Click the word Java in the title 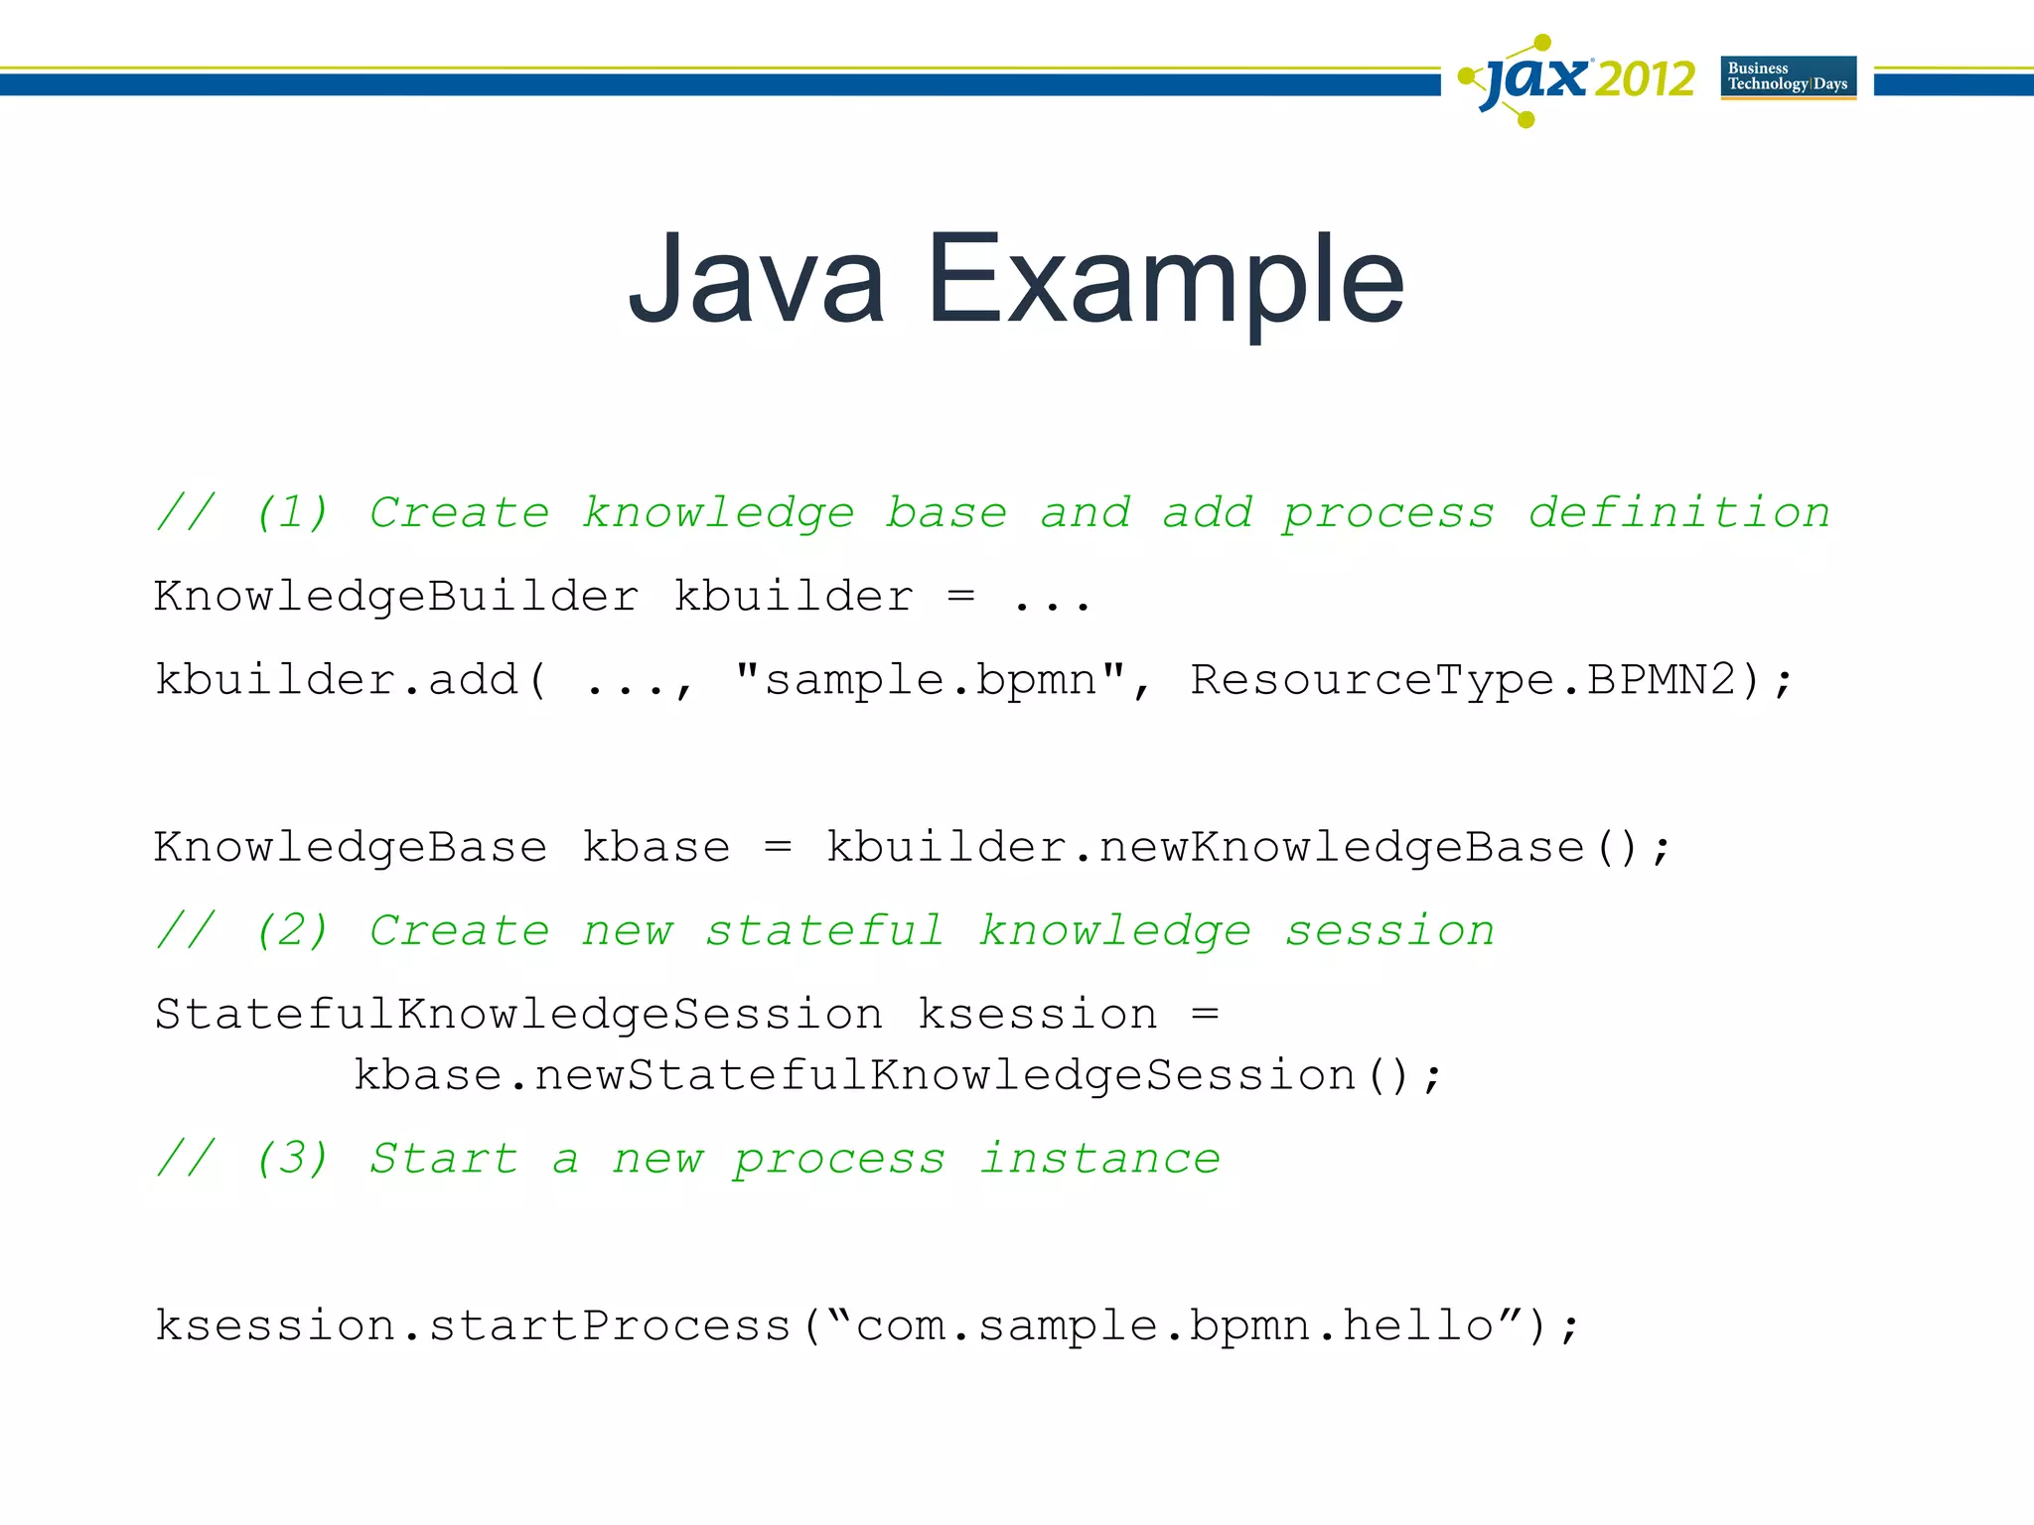(757, 280)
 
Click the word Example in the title (1165, 280)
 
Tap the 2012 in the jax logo (1645, 79)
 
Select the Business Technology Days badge (1788, 77)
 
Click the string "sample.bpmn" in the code (931, 680)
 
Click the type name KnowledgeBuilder (396, 597)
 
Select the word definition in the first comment (1678, 513)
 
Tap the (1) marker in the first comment (292, 513)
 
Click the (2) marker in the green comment (292, 931)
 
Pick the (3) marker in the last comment (292, 1159)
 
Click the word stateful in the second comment (824, 931)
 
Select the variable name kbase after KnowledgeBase (655, 848)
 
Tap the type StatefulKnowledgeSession (518, 1015)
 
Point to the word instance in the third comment (1099, 1159)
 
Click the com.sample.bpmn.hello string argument (1175, 1326)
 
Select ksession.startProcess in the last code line (473, 1326)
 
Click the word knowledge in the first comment (717, 513)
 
